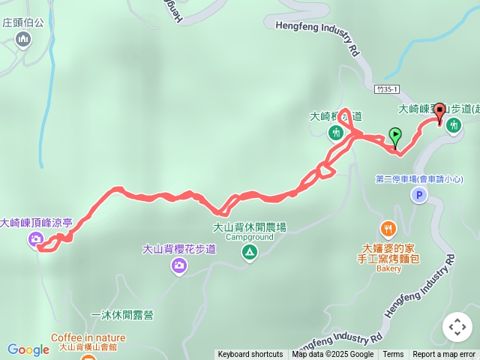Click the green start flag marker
(395, 136)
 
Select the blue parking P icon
(418, 195)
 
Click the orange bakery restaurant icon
(388, 229)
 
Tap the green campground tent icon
(249, 253)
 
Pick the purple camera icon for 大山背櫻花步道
(178, 265)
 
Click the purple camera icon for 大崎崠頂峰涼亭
(35, 240)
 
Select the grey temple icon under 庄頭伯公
(23, 38)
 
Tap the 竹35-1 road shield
(388, 89)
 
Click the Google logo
(28, 349)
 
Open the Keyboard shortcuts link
(250, 355)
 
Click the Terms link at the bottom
(393, 355)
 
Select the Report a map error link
(444, 355)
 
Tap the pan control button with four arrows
(457, 327)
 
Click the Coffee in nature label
(88, 338)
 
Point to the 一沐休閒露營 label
(121, 315)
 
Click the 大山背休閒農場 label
(249, 227)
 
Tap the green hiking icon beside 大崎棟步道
(335, 133)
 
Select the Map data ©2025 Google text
(333, 355)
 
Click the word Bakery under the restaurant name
(388, 268)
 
